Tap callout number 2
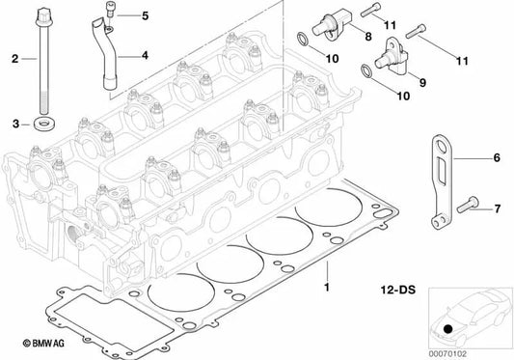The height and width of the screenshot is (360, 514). [x=14, y=60]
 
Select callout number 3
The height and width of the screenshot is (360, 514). [x=14, y=124]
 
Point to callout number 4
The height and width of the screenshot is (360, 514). [x=144, y=55]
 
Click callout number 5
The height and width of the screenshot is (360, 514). [x=145, y=16]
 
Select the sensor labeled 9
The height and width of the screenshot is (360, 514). [x=395, y=56]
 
